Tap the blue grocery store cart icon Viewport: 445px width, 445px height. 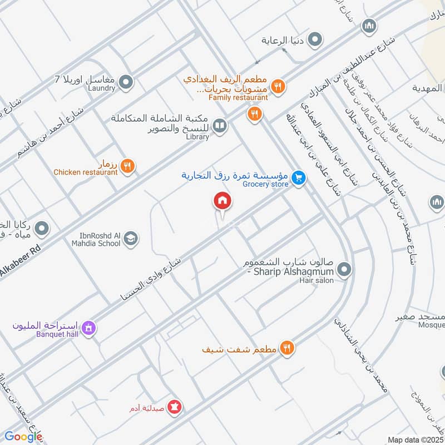pyautogui.click(x=299, y=178)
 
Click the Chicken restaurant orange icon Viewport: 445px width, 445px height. pyautogui.click(x=127, y=165)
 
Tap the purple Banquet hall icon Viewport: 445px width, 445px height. pyautogui.click(x=88, y=329)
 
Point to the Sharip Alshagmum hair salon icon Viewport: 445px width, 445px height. pyautogui.click(x=344, y=270)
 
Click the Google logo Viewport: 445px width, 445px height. pyautogui.click(x=23, y=437)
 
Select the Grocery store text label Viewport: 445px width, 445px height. pyautogui.click(x=266, y=184)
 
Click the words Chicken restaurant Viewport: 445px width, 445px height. pyautogui.click(x=86, y=172)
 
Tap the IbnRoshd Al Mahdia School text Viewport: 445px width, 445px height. pyautogui.click(x=96, y=243)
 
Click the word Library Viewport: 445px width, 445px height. pyautogui.click(x=197, y=136)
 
